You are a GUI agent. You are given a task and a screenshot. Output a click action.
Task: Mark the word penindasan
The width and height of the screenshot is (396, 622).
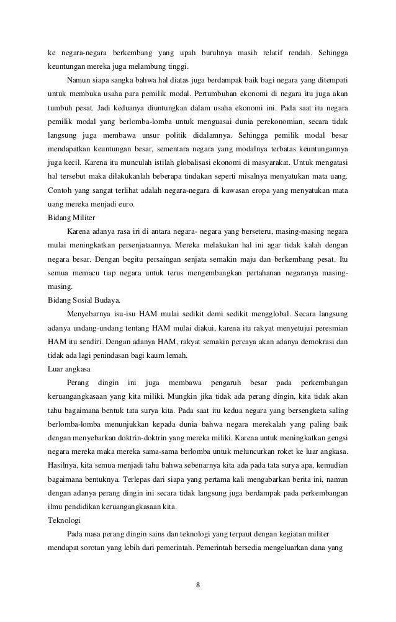click(123, 354)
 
